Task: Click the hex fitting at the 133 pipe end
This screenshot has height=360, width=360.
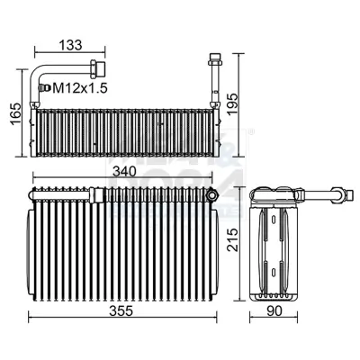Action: [97, 67]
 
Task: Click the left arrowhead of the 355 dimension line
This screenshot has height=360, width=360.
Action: [31, 316]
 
